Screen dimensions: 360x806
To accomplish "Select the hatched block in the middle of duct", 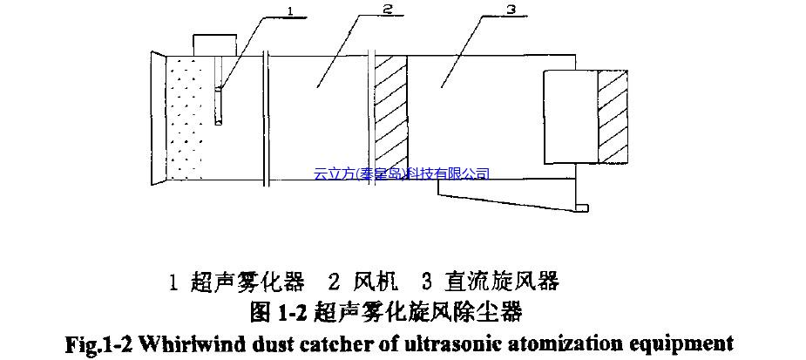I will [x=391, y=118].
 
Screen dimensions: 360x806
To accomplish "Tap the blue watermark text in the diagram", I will [x=402, y=174].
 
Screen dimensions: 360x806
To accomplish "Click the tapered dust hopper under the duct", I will [x=505, y=199].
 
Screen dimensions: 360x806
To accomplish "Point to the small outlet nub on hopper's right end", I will [x=582, y=207].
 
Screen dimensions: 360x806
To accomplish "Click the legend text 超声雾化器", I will [x=247, y=282].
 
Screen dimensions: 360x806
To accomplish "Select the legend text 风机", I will [x=376, y=282].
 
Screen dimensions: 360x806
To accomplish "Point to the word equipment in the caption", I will [x=688, y=342].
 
